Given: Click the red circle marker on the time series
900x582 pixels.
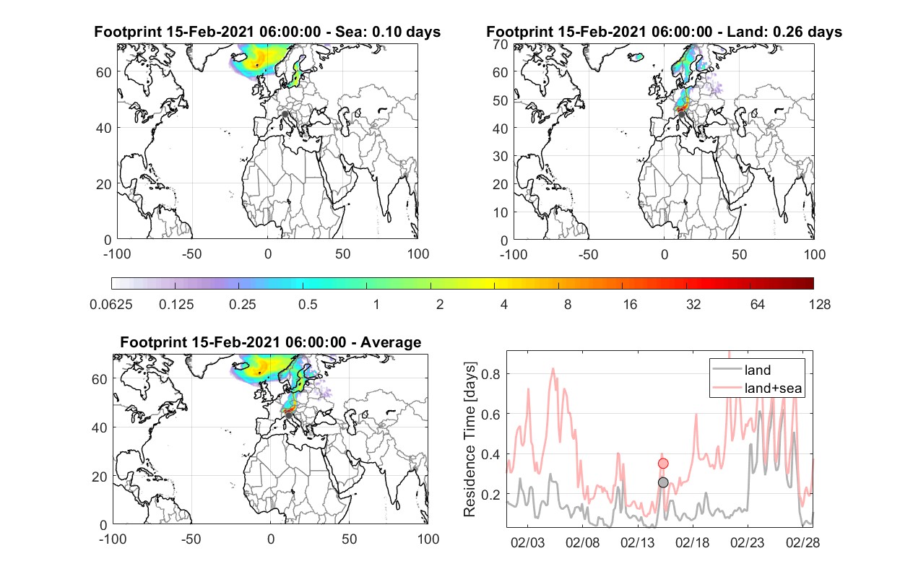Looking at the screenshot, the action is coord(663,464).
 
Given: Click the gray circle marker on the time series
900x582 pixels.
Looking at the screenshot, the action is coord(663,482).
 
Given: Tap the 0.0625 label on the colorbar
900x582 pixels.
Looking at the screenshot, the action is coord(111,305).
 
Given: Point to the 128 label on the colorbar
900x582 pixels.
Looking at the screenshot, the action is coord(819,305).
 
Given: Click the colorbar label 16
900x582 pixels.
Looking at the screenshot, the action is coord(630,305).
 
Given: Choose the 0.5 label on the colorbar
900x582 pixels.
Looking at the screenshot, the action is coord(308,305).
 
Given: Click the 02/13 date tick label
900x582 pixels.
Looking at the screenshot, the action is coord(638,542).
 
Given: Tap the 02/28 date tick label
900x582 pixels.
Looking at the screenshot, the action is coord(802,542).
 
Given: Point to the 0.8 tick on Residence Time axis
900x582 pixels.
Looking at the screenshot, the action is coord(490,374).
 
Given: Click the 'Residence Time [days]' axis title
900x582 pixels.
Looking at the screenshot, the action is coord(470,440).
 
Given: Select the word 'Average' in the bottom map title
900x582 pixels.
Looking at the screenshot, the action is coord(391,342).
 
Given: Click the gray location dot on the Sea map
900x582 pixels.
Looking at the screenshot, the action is coord(285,114).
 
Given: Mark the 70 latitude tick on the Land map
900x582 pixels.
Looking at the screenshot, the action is coord(501,44).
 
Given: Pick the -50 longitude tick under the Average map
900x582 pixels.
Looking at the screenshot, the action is coord(191,539).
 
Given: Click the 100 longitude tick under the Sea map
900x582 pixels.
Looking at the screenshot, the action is coord(418,254).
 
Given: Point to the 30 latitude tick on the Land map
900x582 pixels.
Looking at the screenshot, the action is coord(501,156).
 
